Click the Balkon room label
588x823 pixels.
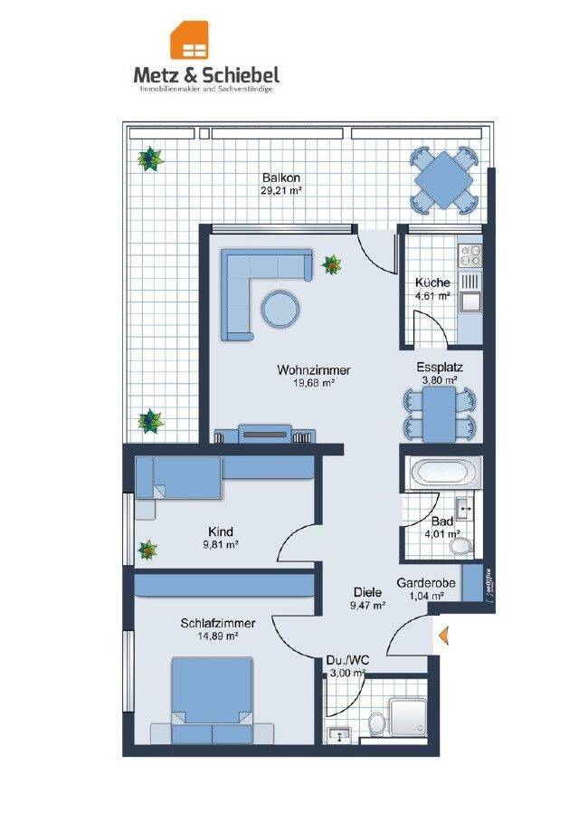pos(281,178)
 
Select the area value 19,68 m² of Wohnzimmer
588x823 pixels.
pos(314,383)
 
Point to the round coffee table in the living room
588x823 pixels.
pos(280,309)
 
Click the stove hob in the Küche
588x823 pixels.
pos(469,256)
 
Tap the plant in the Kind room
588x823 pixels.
pos(147,550)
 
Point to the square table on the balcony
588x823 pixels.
pos(444,179)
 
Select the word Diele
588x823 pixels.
pos(367,592)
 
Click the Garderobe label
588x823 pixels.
pos(426,582)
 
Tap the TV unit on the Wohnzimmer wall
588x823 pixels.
pos(265,435)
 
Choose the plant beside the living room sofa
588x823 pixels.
pos(331,264)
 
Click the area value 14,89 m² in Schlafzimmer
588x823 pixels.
pos(218,636)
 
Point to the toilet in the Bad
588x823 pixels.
pos(460,546)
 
